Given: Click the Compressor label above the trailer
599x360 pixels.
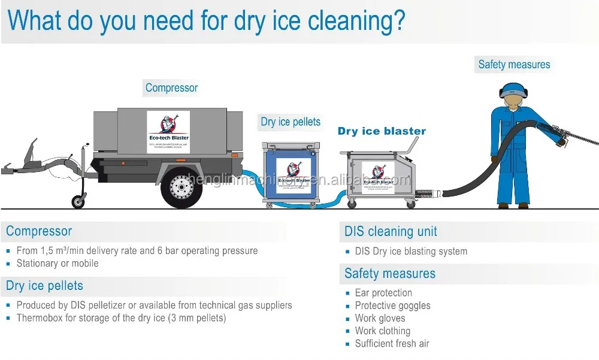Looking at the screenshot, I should tap(171, 88).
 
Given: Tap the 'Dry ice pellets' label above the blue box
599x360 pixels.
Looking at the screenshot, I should tap(291, 122).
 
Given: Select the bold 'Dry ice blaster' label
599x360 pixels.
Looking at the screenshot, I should tap(382, 131).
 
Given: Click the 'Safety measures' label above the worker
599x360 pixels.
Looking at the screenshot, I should tap(514, 65).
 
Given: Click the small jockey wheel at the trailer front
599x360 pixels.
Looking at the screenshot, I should tap(78, 201).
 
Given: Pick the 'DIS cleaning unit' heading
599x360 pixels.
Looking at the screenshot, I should tap(391, 232).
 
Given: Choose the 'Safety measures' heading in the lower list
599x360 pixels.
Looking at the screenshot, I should tap(390, 274).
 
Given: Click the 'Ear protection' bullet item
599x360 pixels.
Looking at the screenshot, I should tap(383, 293).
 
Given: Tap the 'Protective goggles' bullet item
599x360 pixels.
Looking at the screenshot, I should tap(392, 305).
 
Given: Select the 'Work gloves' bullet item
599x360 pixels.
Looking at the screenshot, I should tap(380, 318).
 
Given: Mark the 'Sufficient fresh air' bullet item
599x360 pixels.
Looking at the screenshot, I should tap(392, 343).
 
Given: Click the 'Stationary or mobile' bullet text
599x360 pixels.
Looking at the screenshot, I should tap(58, 264).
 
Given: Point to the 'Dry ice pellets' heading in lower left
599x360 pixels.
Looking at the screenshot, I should tap(44, 285).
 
